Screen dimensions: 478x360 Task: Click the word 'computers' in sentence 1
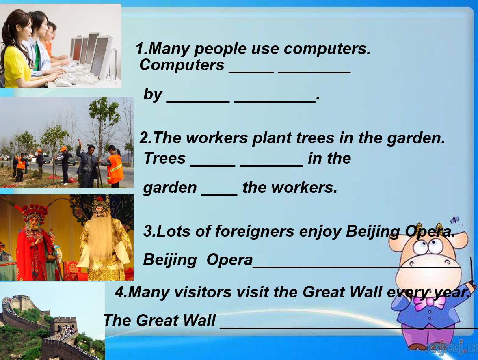[327, 50]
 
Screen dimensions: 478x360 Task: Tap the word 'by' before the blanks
[153, 95]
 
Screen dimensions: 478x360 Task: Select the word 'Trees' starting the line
[164, 158]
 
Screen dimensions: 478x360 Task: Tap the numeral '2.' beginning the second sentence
[146, 138]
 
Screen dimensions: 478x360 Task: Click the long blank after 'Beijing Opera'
[356, 267]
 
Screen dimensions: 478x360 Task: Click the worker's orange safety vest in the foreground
[115, 168]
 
